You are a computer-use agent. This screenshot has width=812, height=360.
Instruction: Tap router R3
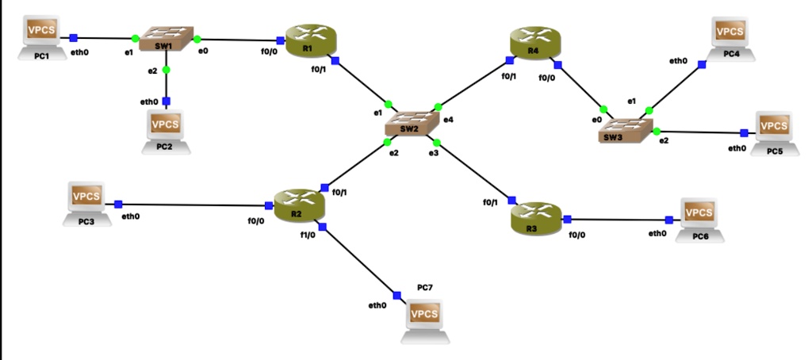536,218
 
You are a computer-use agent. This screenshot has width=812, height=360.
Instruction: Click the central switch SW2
411,124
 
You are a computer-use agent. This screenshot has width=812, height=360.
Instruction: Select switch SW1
166,40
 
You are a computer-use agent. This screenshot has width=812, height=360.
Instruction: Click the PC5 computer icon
774,131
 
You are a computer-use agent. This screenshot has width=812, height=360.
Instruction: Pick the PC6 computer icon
699,217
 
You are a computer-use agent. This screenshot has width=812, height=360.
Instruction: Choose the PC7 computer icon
425,319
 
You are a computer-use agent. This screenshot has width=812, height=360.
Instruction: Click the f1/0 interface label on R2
308,235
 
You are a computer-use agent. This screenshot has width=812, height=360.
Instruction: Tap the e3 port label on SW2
433,153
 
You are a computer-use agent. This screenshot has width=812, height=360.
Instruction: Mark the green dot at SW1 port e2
167,70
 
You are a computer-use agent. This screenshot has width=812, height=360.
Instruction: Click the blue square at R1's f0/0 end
281,40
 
